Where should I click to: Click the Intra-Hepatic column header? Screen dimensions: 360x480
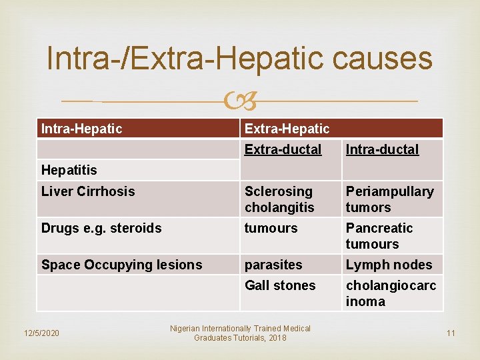(x=82, y=129)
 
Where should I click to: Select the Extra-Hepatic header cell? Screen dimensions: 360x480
(x=287, y=129)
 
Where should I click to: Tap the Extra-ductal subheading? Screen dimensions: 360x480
(x=283, y=149)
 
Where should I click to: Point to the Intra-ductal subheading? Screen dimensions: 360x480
(x=382, y=149)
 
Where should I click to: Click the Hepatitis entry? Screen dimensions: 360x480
(x=69, y=171)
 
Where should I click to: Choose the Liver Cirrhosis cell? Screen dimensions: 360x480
(x=88, y=191)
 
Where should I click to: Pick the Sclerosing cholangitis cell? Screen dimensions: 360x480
(x=279, y=199)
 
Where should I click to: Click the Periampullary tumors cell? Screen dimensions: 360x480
(x=389, y=199)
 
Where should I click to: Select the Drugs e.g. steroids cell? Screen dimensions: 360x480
(x=101, y=228)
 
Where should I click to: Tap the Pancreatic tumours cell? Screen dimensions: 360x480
(x=379, y=236)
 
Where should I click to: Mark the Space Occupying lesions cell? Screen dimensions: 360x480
(x=121, y=265)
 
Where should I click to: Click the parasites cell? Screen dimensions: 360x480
(x=273, y=265)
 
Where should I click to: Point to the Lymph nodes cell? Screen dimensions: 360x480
(x=389, y=265)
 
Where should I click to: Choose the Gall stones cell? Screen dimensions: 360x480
(x=280, y=285)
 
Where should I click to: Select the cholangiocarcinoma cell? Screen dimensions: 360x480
(x=391, y=293)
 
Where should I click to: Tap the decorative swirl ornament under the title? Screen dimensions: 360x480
(x=240, y=102)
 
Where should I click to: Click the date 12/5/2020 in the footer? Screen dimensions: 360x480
(x=41, y=333)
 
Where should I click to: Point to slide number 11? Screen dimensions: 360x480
(x=451, y=333)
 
